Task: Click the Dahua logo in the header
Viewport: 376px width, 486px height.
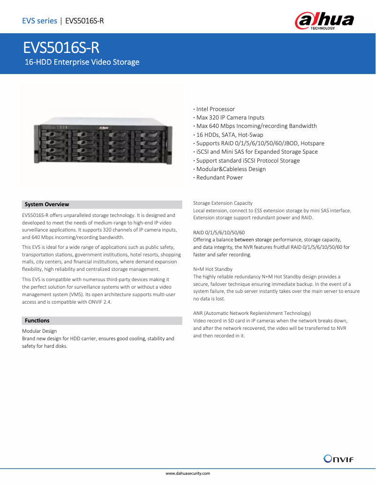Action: (x=324, y=21)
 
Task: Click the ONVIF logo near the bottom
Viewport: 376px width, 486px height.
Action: (x=338, y=458)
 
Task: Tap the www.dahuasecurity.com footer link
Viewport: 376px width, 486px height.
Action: (x=188, y=474)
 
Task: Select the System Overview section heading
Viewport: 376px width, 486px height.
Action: (x=47, y=204)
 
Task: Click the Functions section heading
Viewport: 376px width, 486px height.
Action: (x=37, y=321)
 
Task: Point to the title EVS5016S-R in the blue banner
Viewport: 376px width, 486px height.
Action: (x=62, y=48)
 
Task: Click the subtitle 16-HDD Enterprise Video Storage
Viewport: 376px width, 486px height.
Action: (x=82, y=62)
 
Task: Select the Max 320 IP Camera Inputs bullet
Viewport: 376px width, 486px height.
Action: (x=230, y=118)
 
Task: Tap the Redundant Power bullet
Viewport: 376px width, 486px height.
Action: (x=219, y=178)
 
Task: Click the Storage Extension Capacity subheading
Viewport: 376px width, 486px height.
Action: (x=223, y=203)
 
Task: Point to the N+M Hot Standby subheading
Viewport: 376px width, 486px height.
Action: (x=213, y=269)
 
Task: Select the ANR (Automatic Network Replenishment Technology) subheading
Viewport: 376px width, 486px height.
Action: (x=252, y=313)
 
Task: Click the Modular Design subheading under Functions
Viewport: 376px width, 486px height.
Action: (x=39, y=331)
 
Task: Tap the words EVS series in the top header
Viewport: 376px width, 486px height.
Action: (x=39, y=21)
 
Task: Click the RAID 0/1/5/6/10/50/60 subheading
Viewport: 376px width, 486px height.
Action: (x=218, y=232)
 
